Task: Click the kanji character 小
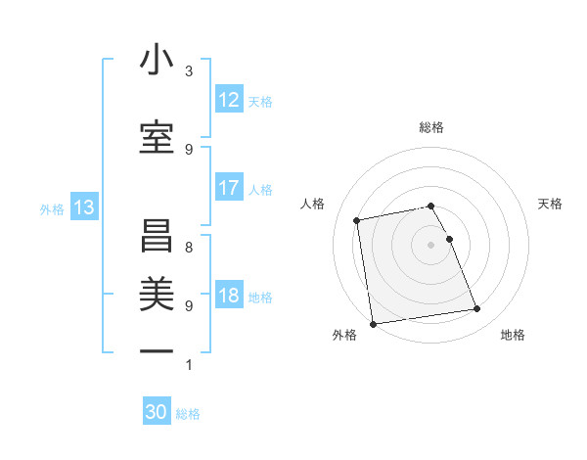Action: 157,61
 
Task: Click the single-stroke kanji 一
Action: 157,349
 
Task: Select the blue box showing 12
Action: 229,100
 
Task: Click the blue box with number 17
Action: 229,188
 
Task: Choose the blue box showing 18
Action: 229,296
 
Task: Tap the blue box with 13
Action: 84,207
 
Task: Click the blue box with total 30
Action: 157,413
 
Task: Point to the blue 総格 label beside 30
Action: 189,414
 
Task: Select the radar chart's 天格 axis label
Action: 550,204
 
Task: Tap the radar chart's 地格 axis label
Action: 513,335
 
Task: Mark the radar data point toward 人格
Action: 358,219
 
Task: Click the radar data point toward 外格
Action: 373,323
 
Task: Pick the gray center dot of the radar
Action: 430,245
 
